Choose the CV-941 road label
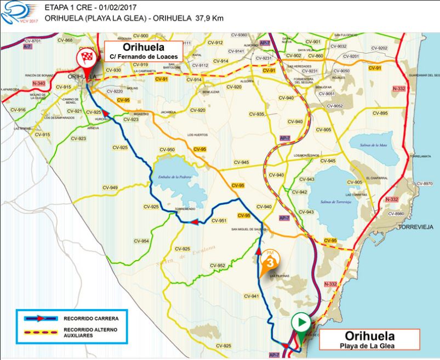[x=251, y=296]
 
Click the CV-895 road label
[x=380, y=113]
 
